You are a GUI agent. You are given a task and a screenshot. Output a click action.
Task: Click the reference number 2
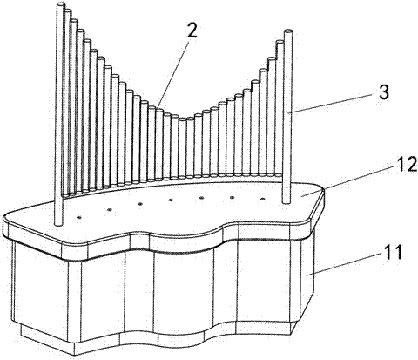tap(192, 31)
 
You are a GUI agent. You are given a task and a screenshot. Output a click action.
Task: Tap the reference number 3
tap(383, 92)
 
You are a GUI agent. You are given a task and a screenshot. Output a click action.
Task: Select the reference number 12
tap(406, 165)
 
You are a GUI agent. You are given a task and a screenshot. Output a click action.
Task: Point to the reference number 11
tap(392, 252)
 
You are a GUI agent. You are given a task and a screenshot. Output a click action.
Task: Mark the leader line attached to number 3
tap(334, 104)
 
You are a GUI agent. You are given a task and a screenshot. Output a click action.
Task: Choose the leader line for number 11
tap(345, 263)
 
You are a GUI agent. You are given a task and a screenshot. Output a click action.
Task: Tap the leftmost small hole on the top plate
tap(78, 217)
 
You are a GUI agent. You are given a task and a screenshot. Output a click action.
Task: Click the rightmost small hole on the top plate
tap(263, 200)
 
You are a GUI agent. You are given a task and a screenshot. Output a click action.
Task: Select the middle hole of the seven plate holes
tap(171, 200)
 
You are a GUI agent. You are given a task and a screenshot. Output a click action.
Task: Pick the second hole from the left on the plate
tap(110, 210)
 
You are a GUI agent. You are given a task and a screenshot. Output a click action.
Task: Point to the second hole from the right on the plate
tap(232, 198)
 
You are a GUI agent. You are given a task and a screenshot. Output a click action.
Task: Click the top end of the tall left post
tap(60, 4)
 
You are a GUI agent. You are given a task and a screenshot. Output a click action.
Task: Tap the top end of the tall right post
tap(288, 31)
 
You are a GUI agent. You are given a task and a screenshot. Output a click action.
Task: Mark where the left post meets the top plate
tap(58, 224)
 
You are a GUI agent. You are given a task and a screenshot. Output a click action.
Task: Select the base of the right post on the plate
tap(286, 202)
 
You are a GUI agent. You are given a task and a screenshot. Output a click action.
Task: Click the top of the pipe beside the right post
tap(280, 42)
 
